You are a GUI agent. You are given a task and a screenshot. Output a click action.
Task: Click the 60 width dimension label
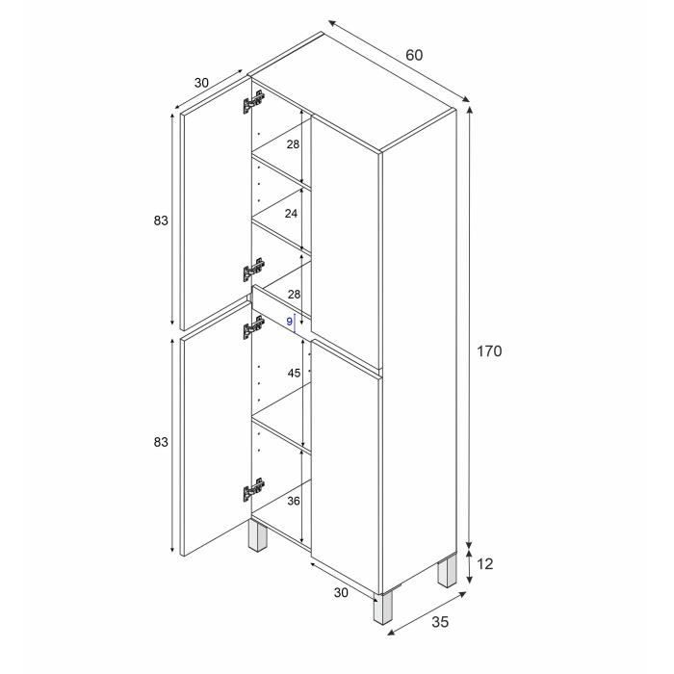coord(413,55)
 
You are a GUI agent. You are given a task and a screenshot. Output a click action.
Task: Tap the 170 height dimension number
coord(489,351)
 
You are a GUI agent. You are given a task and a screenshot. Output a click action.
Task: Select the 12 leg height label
coord(485,564)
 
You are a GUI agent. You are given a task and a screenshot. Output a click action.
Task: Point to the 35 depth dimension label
coord(439,622)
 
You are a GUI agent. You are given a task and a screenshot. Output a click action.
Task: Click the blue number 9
coord(289,322)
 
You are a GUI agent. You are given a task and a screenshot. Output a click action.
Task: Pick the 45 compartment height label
coord(293,373)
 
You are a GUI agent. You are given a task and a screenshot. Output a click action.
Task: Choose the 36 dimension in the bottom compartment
coord(293,502)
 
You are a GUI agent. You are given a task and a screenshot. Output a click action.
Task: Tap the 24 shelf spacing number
coord(292,215)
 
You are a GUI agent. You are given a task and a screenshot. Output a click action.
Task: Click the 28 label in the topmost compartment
coord(292,144)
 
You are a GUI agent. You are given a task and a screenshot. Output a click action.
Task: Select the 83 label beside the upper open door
coord(161,220)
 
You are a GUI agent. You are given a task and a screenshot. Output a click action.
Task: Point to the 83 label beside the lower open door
coord(161,442)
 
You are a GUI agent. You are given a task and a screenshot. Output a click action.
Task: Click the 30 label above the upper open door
coord(201,83)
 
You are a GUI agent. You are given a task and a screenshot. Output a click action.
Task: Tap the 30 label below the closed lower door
coord(342,594)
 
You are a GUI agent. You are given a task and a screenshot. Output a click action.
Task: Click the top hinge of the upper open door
coord(255,100)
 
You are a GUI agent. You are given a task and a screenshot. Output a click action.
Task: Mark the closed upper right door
coord(347,241)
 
